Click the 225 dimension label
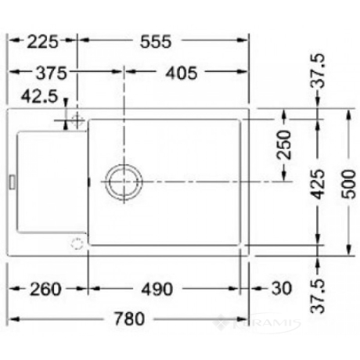42,41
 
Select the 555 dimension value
156,41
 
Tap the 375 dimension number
52,73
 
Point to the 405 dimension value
182,73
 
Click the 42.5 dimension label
39,96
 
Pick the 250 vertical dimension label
284,145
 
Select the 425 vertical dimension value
318,184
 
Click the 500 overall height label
349,184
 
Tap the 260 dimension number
45,290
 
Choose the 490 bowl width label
157,290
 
